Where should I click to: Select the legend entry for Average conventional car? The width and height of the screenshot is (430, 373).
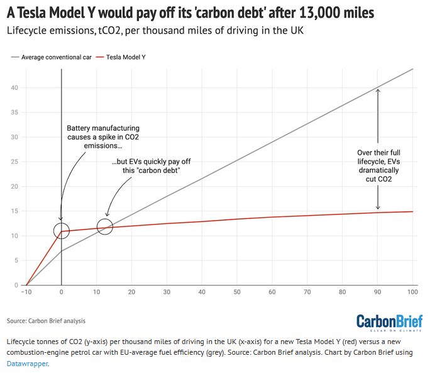click(49, 57)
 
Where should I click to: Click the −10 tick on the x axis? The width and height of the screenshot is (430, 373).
click(26, 292)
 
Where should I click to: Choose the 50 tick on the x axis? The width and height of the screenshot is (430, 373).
click(236, 292)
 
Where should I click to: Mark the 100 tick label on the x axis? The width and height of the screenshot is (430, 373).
click(412, 292)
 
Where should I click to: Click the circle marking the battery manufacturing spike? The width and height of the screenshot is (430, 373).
click(61, 231)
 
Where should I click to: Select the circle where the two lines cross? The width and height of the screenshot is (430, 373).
click(105, 226)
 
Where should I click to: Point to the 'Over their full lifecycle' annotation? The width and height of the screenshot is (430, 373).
click(378, 166)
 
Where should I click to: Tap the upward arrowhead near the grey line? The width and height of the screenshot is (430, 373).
click(378, 92)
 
